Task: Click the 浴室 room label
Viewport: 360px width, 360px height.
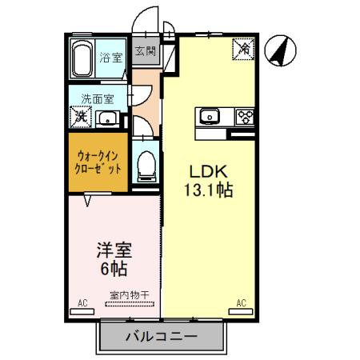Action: tap(110, 58)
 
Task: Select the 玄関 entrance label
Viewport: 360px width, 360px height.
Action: tap(145, 53)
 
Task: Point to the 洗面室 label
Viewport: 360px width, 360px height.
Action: tap(97, 99)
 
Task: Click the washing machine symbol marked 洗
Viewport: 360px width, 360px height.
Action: tap(80, 117)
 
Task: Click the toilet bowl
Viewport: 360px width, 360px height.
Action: tap(146, 165)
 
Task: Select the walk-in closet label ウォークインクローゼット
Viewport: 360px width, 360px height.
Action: tap(98, 162)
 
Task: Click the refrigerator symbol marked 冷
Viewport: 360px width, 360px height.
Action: tap(242, 50)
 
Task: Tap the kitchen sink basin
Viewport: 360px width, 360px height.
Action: tap(209, 117)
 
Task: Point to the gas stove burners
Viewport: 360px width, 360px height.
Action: tap(242, 117)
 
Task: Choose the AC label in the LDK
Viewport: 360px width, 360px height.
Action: tap(241, 303)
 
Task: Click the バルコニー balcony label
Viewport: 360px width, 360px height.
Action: tap(160, 337)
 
